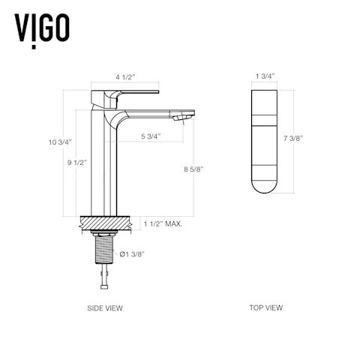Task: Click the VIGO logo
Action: tap(42, 30)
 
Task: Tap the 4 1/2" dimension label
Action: tap(125, 77)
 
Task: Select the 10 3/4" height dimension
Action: tap(60, 142)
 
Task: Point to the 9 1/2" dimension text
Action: tap(77, 163)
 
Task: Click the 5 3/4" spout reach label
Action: tap(151, 136)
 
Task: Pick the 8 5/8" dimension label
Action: tap(193, 169)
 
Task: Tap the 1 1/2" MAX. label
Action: tap(163, 223)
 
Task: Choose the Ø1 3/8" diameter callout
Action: tap(132, 254)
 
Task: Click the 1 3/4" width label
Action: tap(265, 76)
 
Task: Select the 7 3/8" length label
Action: tap(293, 138)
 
